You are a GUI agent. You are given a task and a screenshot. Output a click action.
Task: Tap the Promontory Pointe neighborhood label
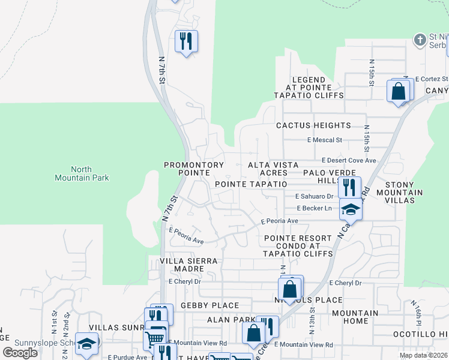(194, 169)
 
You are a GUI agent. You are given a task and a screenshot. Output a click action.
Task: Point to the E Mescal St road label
(324, 140)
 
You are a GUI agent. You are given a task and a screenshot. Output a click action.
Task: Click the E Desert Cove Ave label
(349, 161)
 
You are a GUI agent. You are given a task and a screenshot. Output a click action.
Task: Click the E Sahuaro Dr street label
(315, 196)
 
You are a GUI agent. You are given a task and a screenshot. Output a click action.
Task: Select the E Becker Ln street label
(315, 208)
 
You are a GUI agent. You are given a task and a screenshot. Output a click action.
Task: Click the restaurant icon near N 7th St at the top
(185, 41)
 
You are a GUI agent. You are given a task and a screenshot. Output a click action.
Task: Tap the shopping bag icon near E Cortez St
(398, 91)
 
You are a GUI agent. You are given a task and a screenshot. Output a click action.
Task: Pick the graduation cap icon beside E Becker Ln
(351, 209)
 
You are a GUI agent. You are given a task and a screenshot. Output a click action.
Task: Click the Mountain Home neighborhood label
(355, 317)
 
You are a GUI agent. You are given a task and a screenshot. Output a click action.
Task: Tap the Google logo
(20, 352)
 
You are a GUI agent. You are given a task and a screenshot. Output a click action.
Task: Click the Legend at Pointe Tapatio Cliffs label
(309, 88)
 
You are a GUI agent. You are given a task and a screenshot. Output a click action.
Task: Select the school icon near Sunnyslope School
(86, 344)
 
